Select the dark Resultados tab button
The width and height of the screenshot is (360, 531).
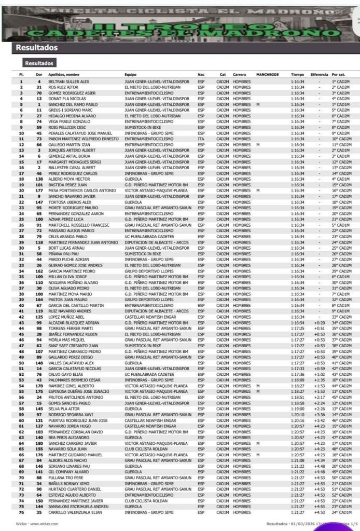39,63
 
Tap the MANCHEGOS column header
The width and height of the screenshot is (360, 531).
267,75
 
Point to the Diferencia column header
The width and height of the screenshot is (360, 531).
320,75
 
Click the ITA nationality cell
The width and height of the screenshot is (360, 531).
201,139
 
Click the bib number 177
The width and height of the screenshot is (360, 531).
38,190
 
